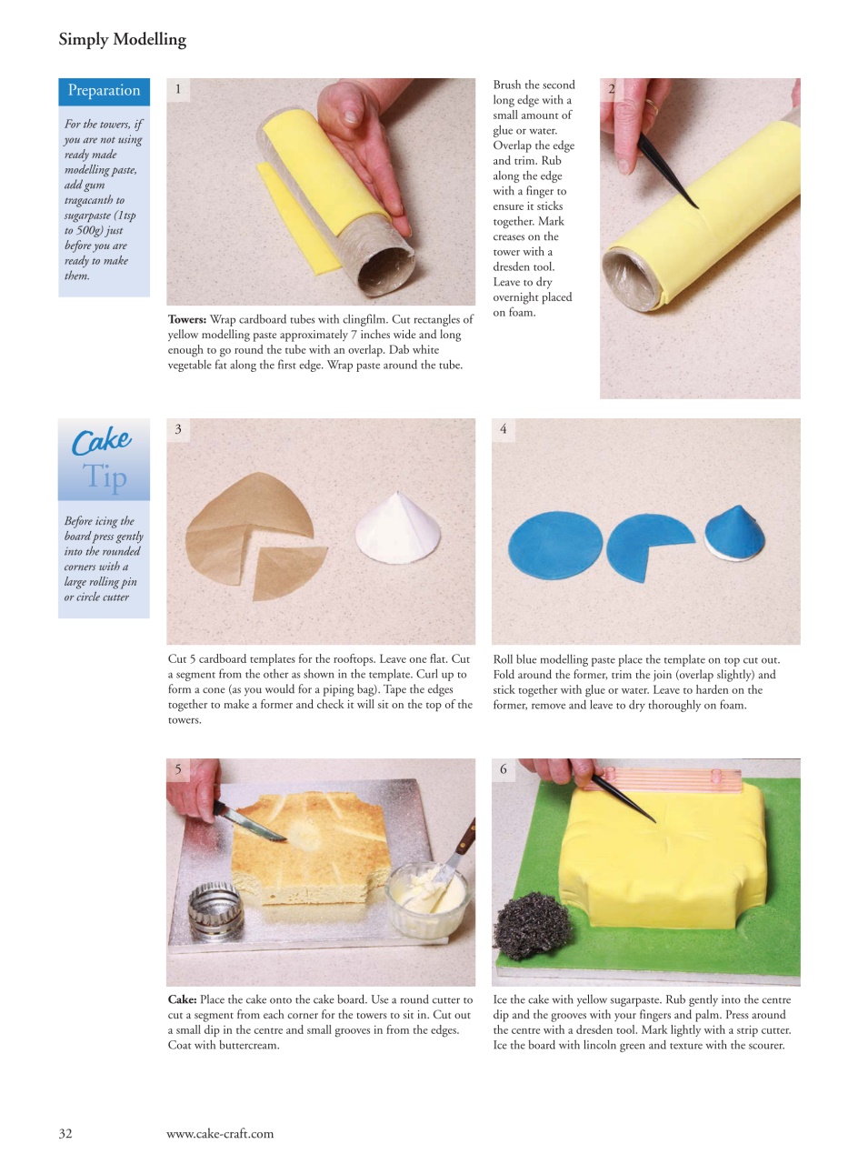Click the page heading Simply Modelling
122,39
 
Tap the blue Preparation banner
104,90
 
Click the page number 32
65,1133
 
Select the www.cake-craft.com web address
219,1133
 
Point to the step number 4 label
504,429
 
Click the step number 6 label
504,769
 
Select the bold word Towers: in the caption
187,320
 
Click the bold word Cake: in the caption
182,1000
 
